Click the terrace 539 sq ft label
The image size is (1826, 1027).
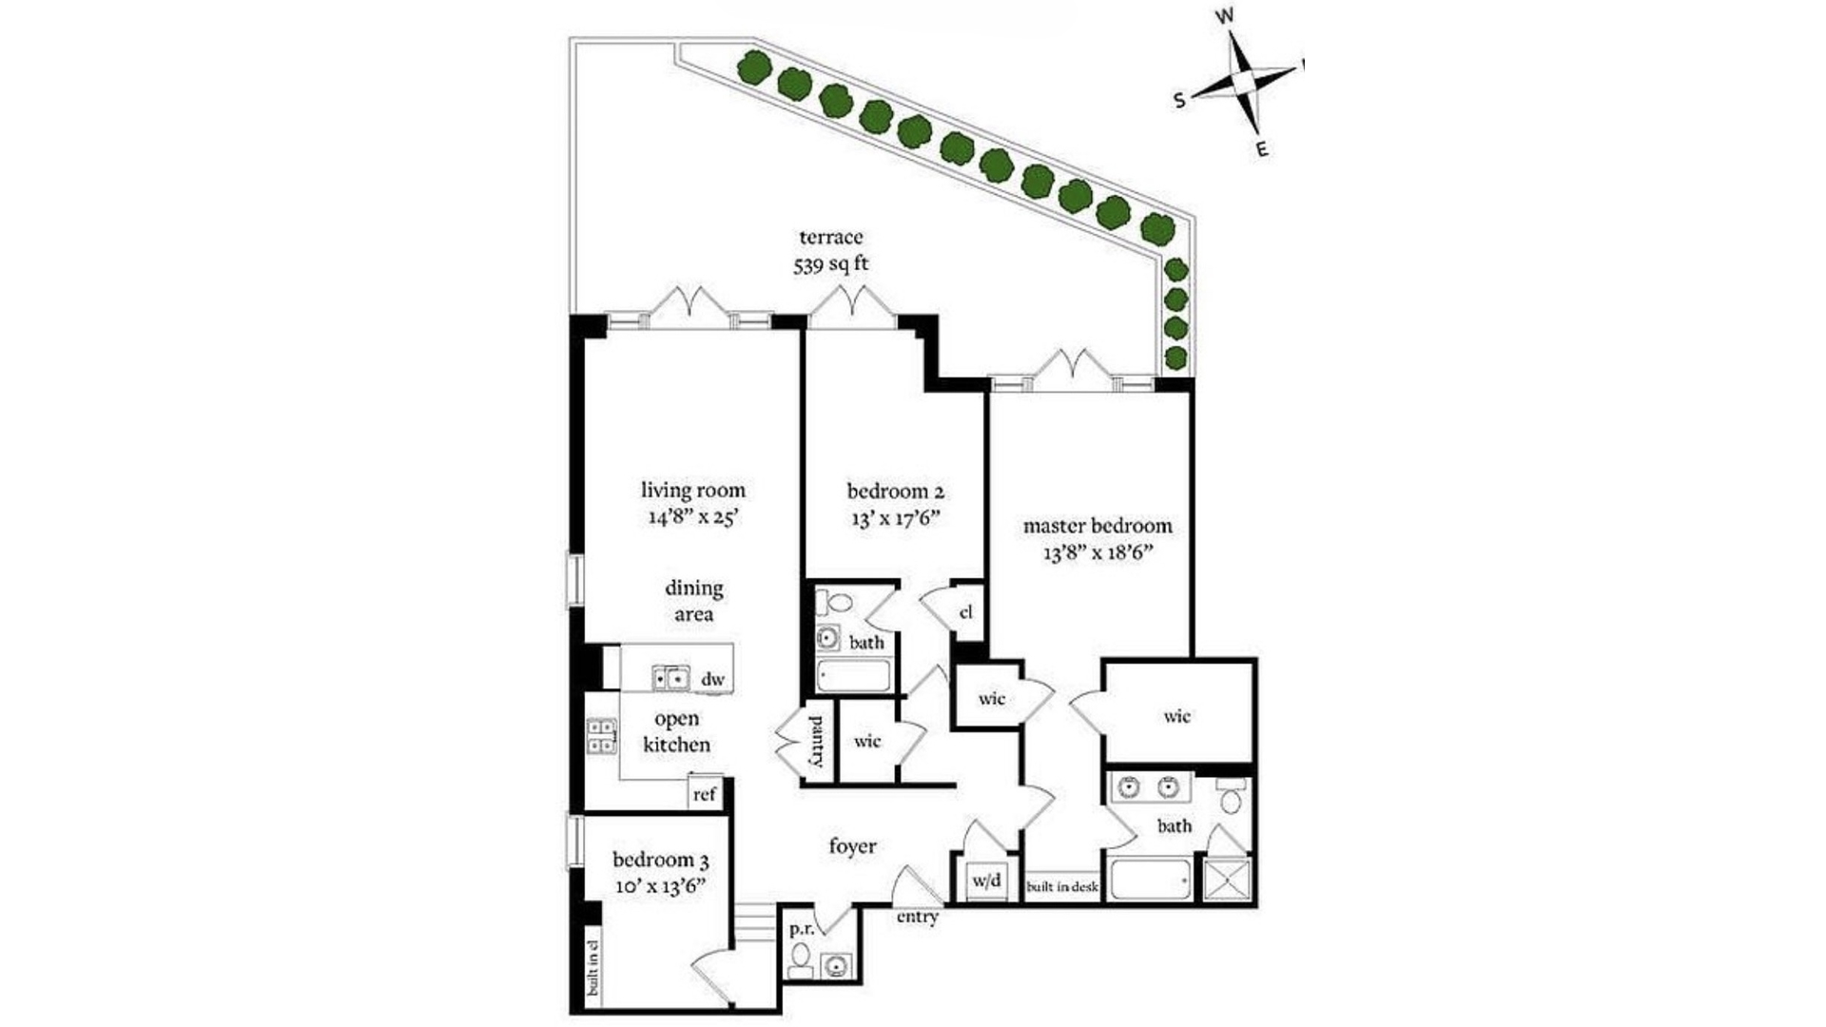831,251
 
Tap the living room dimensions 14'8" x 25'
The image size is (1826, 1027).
691,518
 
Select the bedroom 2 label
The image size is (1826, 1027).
895,492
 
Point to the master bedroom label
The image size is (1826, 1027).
1098,526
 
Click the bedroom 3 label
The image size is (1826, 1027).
660,861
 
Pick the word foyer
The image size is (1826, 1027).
852,845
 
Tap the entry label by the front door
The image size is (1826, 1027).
917,917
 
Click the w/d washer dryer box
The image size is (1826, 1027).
986,881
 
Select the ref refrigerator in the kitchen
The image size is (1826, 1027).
704,793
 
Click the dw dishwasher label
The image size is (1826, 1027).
712,679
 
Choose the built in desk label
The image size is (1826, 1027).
1061,887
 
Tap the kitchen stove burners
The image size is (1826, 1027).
601,737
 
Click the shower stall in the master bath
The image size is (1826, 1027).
1227,879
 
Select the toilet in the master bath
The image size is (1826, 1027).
1232,796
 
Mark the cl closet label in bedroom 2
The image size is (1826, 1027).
966,611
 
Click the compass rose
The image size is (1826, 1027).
1240,82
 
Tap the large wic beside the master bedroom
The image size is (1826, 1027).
1177,716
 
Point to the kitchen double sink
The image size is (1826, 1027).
670,679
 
